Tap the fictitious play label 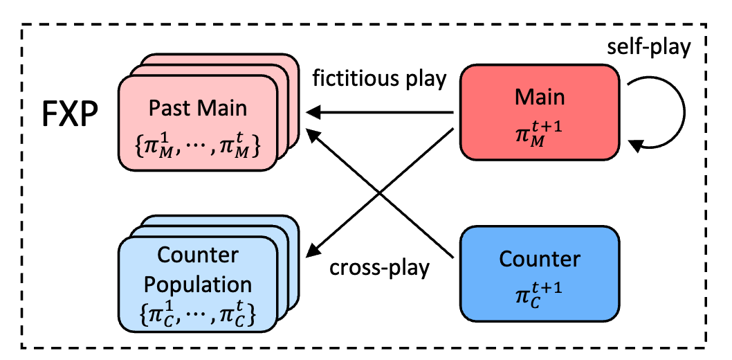tap(379, 78)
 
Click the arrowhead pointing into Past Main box tap(312, 111)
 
